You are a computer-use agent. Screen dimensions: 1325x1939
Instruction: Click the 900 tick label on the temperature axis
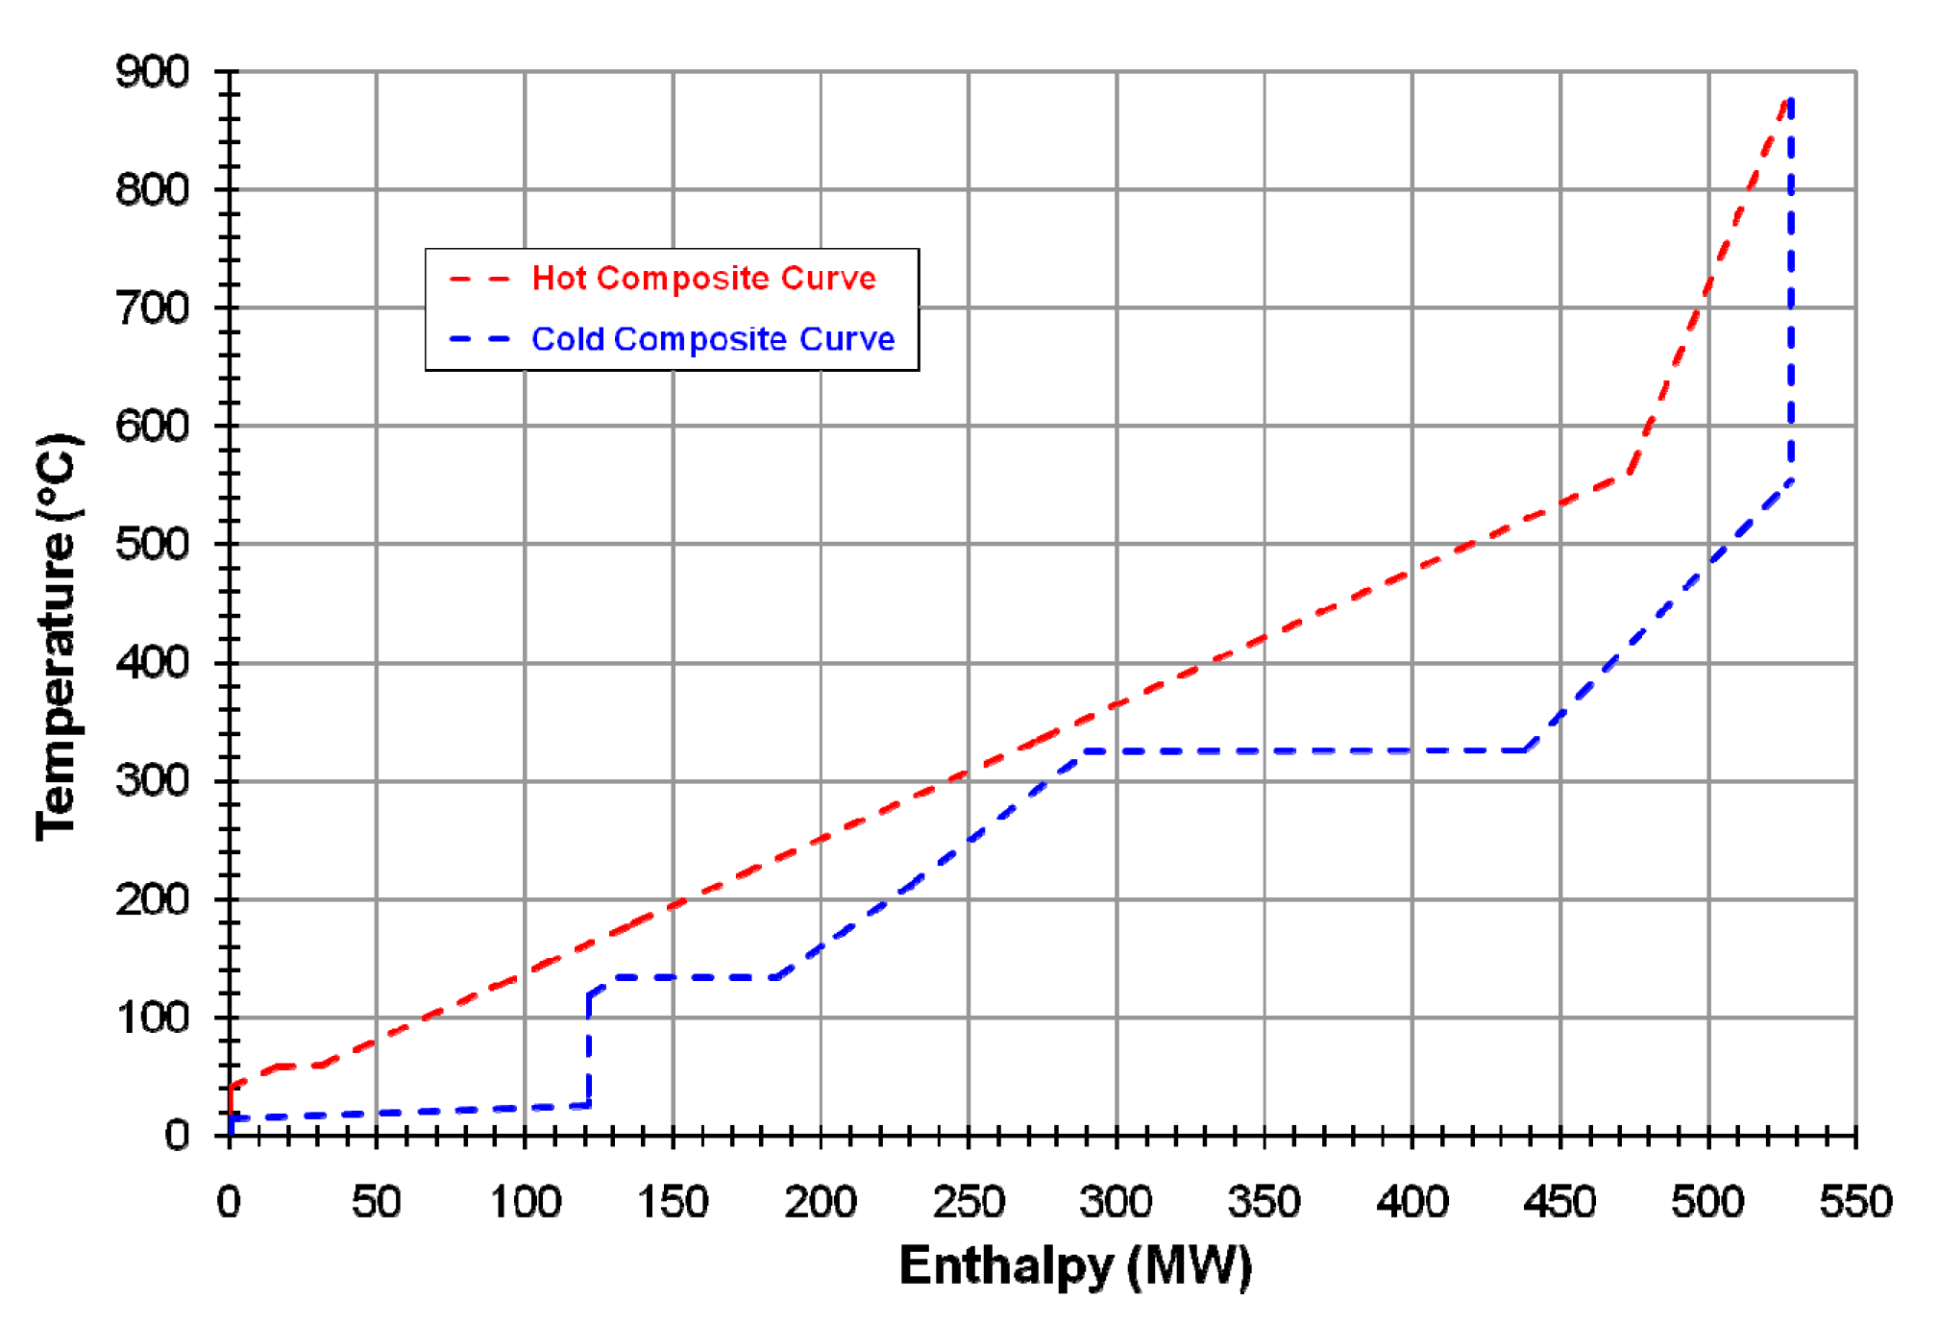pyautogui.click(x=152, y=72)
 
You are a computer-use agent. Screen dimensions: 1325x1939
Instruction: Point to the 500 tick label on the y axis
pyautogui.click(x=152, y=545)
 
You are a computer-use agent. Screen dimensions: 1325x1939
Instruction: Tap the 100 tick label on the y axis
pyautogui.click(x=152, y=1018)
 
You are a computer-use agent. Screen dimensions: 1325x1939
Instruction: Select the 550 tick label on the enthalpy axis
pyautogui.click(x=1855, y=1202)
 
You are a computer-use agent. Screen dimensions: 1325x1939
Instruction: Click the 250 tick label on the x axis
pyautogui.click(x=968, y=1202)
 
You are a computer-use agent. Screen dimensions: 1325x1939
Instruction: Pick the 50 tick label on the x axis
pyautogui.click(x=376, y=1202)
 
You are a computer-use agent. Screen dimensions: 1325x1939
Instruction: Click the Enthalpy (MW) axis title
pyautogui.click(x=1075, y=1265)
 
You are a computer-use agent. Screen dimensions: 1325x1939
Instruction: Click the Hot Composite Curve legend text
pyautogui.click(x=703, y=279)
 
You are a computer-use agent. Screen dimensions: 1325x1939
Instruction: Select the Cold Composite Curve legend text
pyautogui.click(x=712, y=339)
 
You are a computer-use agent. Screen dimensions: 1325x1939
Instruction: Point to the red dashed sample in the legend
pyautogui.click(x=479, y=280)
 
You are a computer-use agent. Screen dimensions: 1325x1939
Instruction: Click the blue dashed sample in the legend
pyautogui.click(x=479, y=339)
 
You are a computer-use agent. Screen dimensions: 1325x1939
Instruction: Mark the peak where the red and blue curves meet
pyautogui.click(x=1789, y=99)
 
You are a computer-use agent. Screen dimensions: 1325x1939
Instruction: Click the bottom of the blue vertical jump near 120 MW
pyautogui.click(x=588, y=1105)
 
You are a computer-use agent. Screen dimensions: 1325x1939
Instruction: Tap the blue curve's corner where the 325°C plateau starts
pyautogui.click(x=1085, y=751)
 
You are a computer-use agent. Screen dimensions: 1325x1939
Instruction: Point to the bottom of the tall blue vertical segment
pyautogui.click(x=1790, y=479)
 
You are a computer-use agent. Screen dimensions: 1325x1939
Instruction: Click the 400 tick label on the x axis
pyautogui.click(x=1411, y=1202)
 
